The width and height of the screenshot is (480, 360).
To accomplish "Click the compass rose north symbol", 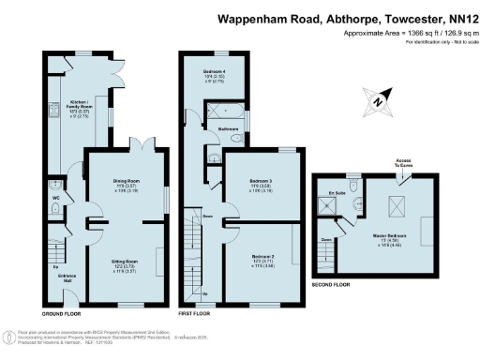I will (376, 100).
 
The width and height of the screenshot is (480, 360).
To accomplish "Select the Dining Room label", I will (126, 186).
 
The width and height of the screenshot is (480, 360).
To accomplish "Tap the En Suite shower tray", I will (329, 209).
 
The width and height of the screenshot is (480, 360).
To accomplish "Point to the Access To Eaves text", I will (404, 164).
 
